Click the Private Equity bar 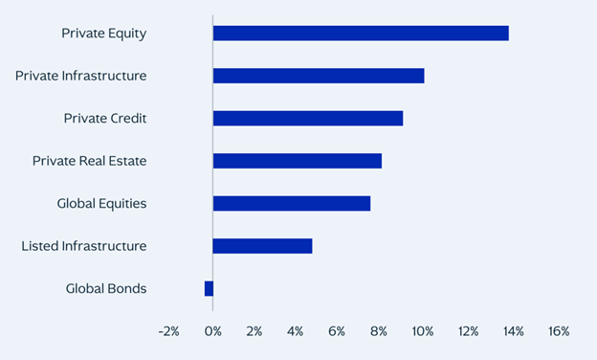(361, 34)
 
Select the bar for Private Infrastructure (319, 76)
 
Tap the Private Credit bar (308, 119)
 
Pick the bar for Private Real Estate (298, 161)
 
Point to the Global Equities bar (292, 203)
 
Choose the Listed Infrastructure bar (263, 246)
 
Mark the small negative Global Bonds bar (209, 288)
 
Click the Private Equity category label (104, 34)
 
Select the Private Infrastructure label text (81, 76)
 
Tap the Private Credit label (105, 119)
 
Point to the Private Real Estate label (90, 161)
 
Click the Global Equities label (102, 203)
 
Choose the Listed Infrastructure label (84, 246)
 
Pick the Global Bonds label (106, 288)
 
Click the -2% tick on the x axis (168, 331)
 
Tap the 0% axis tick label (212, 331)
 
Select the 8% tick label (380, 331)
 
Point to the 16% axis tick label (558, 331)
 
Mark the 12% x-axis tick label (469, 331)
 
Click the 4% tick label (296, 331)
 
